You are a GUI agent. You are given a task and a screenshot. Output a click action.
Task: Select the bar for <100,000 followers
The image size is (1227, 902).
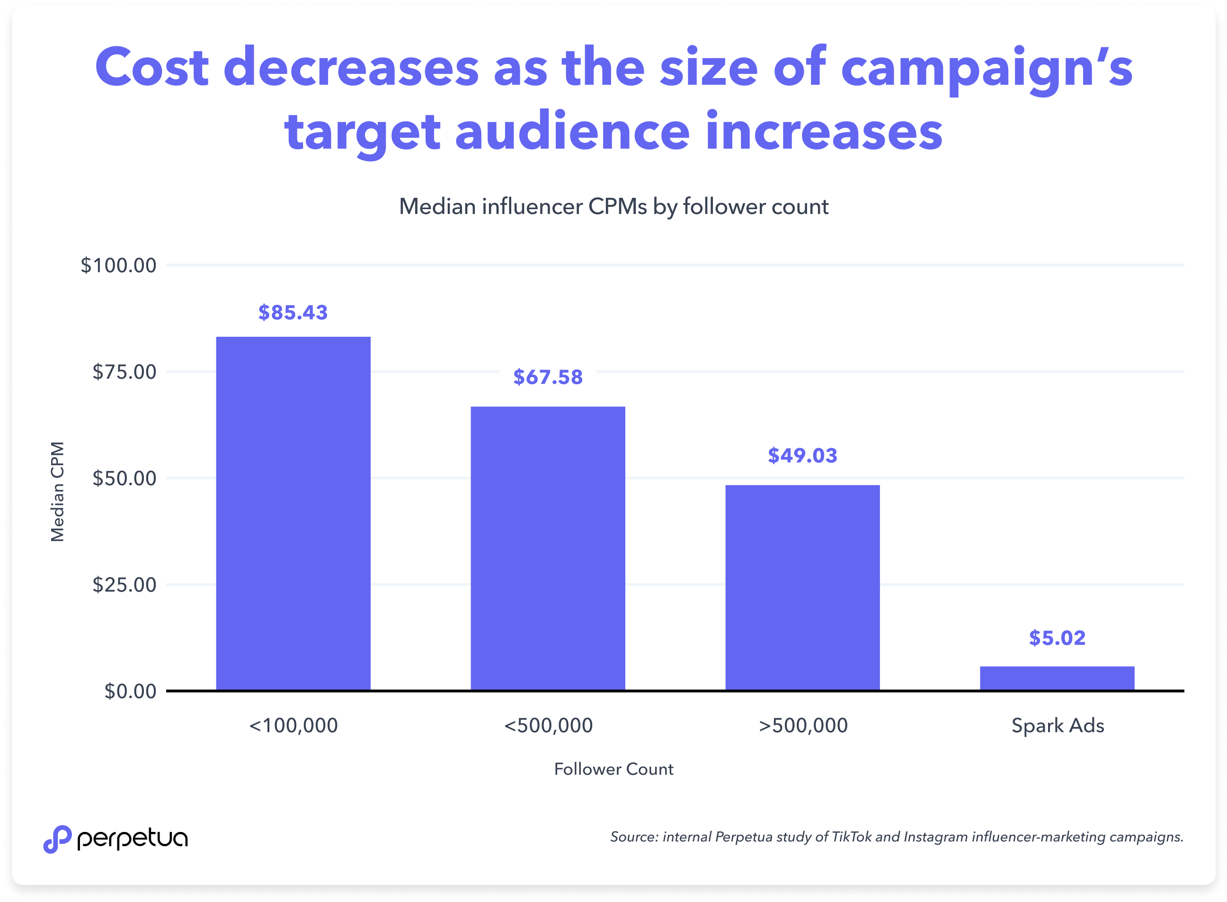[293, 513]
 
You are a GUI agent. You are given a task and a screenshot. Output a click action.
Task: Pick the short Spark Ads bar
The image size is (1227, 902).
[1057, 678]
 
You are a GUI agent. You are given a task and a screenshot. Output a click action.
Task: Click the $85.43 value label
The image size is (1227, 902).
[293, 312]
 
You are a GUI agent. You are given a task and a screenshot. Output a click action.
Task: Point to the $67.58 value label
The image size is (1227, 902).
[548, 377]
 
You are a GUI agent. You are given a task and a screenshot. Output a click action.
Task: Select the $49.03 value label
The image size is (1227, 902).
[802, 455]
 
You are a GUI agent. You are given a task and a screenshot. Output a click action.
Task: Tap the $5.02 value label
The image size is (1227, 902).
[1057, 638]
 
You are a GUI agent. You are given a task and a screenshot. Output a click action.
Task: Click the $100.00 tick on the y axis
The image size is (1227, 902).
[118, 265]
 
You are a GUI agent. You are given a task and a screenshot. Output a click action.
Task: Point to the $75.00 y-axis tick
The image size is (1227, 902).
[124, 372]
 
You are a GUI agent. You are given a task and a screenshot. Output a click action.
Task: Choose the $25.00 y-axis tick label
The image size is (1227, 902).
[124, 585]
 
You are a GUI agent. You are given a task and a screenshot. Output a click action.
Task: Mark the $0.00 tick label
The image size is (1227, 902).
[131, 691]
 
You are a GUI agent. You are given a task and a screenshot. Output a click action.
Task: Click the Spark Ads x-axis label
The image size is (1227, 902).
[1058, 725]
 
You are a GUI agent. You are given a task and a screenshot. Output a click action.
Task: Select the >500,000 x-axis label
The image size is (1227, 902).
[803, 725]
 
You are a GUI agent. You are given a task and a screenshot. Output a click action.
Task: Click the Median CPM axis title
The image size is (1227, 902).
[57, 491]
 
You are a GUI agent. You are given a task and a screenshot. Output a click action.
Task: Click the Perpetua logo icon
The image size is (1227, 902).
[57, 839]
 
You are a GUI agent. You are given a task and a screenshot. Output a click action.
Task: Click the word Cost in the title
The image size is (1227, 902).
[152, 68]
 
